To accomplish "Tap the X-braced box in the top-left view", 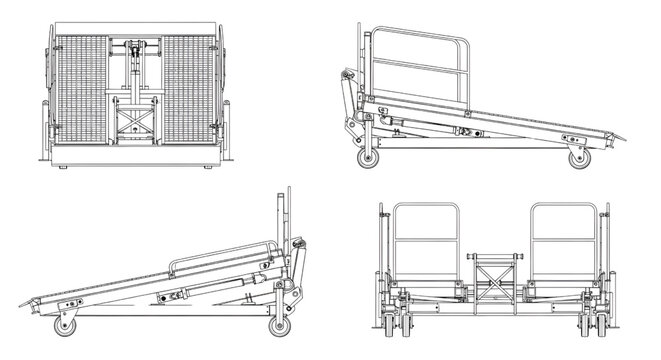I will point(132,123).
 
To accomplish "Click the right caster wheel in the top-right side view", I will point(577,158).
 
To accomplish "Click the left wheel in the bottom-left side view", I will point(67,324).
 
